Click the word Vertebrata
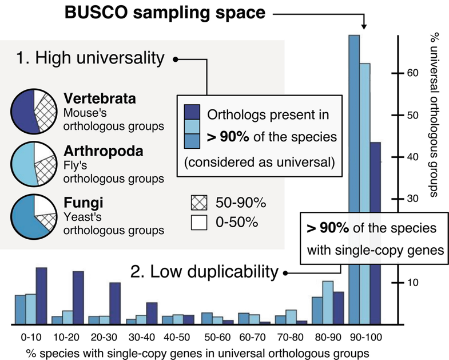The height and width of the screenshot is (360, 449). click(100, 98)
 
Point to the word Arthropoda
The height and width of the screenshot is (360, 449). click(103, 153)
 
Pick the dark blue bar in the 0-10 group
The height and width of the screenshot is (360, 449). click(41, 296)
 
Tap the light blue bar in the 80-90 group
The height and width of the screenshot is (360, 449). click(328, 302)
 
